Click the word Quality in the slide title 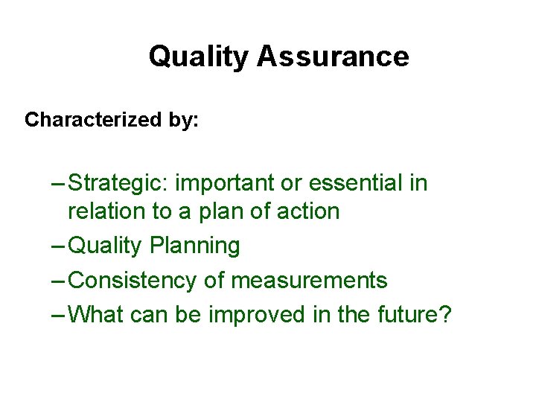tap(199, 57)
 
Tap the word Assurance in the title tap(333, 57)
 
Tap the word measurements tap(309, 281)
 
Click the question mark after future tap(444, 315)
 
